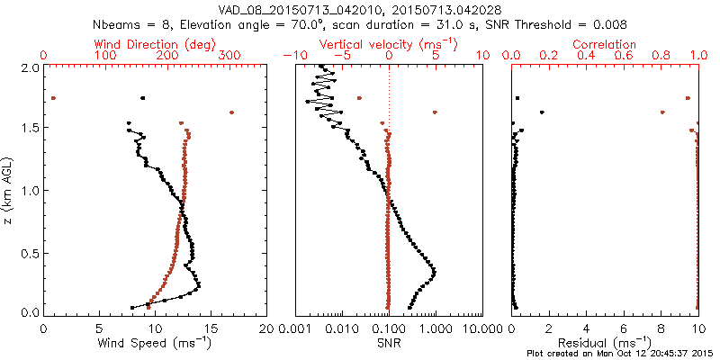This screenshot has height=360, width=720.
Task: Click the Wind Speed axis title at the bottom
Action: (x=156, y=342)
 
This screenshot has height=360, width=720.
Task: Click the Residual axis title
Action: (x=607, y=342)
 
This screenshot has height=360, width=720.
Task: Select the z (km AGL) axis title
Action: (x=9, y=191)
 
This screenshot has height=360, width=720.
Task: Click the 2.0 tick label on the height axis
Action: (x=30, y=67)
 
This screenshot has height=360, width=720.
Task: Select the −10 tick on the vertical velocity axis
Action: (x=295, y=56)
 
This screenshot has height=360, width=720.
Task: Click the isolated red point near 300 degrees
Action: (x=232, y=112)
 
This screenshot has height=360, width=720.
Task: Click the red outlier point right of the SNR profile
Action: (x=435, y=112)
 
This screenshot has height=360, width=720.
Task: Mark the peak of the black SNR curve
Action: (x=434, y=270)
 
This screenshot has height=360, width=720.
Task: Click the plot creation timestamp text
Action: (x=623, y=354)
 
